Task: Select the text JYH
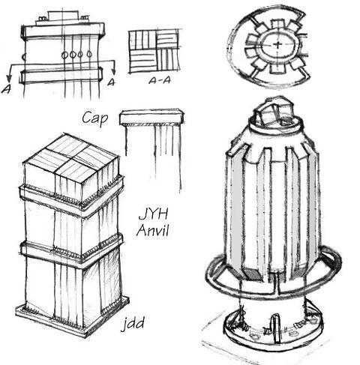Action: point(152,214)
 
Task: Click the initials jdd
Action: point(133,325)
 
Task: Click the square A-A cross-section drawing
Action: point(154,52)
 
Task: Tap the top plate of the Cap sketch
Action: point(152,115)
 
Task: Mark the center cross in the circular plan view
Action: point(277,46)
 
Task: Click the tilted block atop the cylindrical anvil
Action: point(274,112)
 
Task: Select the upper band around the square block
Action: point(71,196)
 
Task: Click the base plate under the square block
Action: point(67,319)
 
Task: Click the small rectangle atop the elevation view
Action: point(63,16)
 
